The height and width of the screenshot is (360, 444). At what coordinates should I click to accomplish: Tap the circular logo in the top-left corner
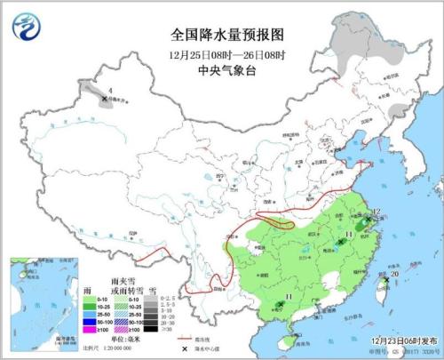tap(23, 23)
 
